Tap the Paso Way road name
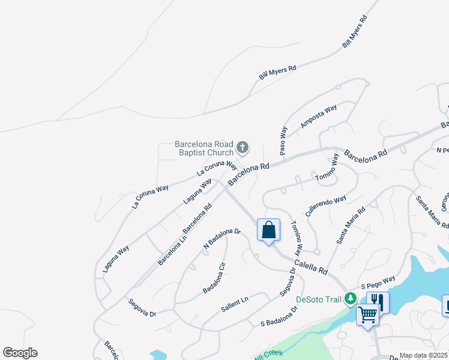coord(284,140)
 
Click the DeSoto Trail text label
coord(319,299)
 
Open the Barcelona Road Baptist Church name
coord(204,148)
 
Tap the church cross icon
coord(243,147)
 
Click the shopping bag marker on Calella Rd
coord(268,230)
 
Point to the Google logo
coord(20,352)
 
